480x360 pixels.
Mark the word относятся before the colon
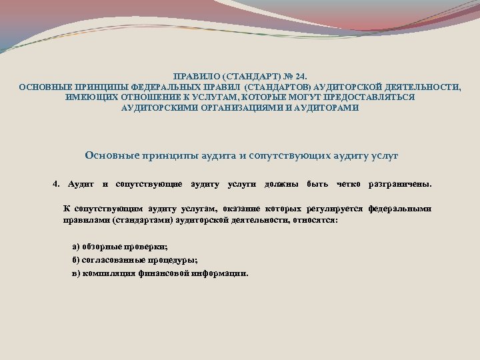[x=313, y=219]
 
